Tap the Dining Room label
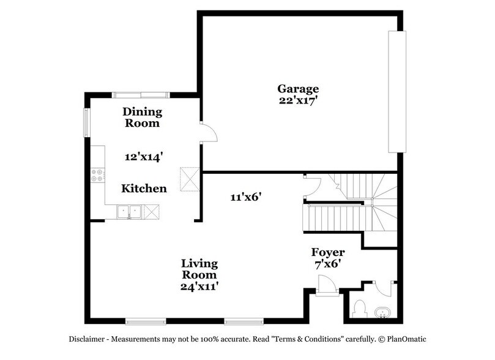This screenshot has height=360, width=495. tap(142, 117)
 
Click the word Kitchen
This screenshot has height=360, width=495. tap(144, 189)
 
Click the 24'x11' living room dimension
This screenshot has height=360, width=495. tap(199, 285)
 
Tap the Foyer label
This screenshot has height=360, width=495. tap(328, 252)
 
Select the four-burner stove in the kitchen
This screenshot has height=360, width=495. tap(97, 176)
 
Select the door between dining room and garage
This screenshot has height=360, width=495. tap(207, 131)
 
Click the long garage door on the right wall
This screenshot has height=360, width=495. tap(396, 92)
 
